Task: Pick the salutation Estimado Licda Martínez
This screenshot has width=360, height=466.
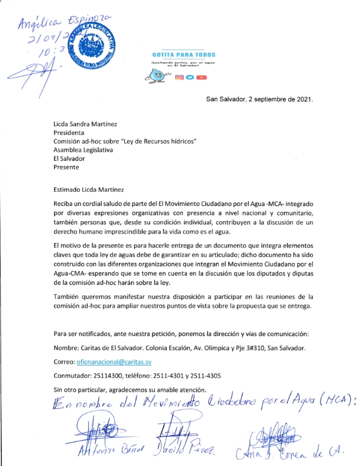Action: point(90,173)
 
